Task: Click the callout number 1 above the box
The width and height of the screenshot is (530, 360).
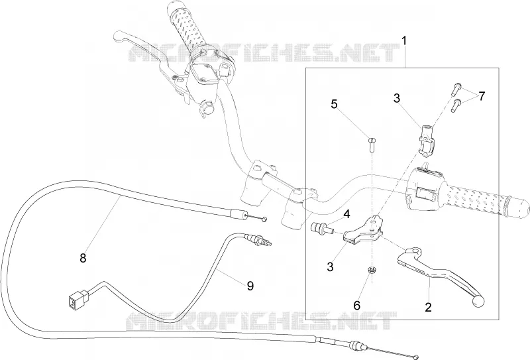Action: point(404,41)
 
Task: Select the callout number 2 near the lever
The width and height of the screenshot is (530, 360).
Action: point(428,308)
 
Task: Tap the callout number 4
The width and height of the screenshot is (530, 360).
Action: point(346,214)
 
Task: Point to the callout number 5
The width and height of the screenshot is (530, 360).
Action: point(334,104)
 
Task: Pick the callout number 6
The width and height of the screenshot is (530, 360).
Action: point(357,306)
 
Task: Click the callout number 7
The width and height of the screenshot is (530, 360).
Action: point(482,96)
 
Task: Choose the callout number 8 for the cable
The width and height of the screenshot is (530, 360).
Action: point(83,258)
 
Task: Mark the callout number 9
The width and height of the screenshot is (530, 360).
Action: point(250,286)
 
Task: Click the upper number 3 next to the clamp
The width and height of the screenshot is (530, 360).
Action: point(397,99)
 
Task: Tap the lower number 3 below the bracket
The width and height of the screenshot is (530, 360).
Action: point(330,267)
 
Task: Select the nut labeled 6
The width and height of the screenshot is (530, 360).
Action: point(372,270)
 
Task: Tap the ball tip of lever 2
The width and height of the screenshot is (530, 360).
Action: point(478,302)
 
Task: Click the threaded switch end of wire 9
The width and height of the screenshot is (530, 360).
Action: point(260,239)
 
